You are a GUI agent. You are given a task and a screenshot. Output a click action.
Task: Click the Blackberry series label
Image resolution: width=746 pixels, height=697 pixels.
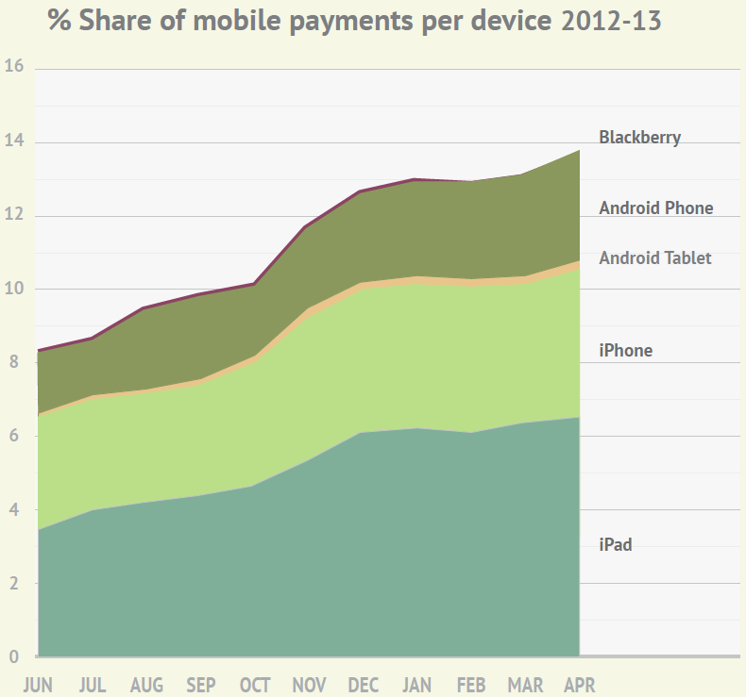point(639,138)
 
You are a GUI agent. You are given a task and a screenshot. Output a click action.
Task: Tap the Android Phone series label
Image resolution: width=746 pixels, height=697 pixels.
point(655,208)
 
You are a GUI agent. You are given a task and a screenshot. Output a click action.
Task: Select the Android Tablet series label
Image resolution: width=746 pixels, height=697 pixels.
point(654,258)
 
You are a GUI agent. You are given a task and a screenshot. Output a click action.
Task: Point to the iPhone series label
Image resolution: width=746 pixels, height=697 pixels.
point(625,351)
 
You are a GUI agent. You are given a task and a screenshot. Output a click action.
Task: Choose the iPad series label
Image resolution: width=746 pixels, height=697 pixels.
point(615,544)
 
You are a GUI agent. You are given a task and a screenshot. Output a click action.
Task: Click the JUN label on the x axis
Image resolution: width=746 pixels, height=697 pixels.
point(38,685)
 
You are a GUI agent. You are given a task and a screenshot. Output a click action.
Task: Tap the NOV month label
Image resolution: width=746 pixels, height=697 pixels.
point(309,685)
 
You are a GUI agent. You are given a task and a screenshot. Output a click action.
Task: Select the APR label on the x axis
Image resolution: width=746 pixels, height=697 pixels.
point(579,685)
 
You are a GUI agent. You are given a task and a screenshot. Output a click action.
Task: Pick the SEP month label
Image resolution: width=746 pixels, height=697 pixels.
point(200,685)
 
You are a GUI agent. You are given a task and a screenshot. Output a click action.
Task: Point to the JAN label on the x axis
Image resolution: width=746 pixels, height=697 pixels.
point(416,685)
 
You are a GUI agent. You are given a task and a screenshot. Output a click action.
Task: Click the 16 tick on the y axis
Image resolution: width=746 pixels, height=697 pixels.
point(14,67)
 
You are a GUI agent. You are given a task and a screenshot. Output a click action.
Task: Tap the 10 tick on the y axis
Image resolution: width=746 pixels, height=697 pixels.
point(14,288)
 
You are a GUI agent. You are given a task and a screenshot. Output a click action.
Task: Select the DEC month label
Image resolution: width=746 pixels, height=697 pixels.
point(364,685)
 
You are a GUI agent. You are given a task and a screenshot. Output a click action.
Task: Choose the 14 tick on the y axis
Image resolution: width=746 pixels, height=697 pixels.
point(14,141)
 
